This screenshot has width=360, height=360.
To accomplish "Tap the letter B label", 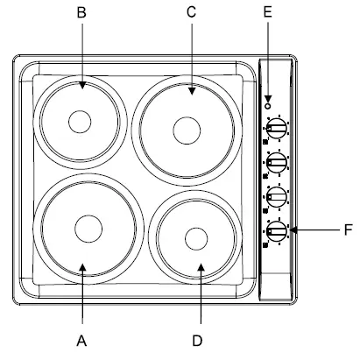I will coord(81,14).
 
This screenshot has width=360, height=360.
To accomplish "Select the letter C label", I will coord(192,14).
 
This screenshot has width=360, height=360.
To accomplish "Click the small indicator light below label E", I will coord(267,99).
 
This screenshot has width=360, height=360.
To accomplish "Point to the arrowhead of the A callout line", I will coord(81,265).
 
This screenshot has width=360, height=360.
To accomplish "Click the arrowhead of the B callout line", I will coord(81,88).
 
